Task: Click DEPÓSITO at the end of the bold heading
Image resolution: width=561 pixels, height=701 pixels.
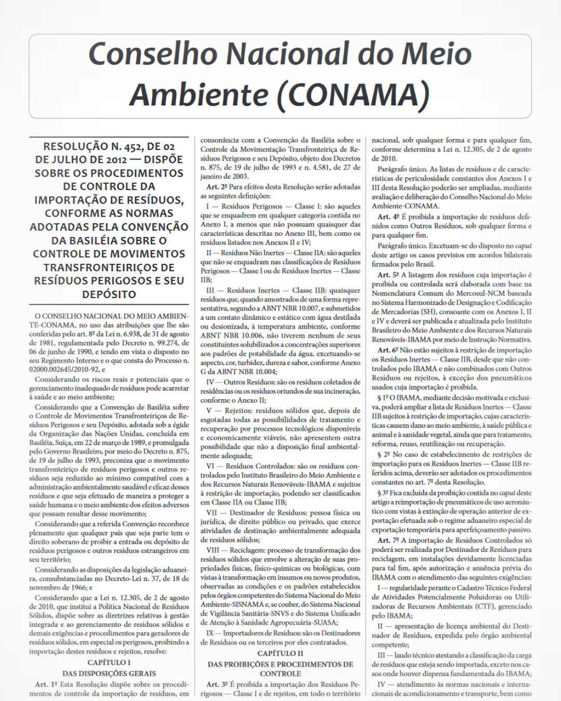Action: (109, 294)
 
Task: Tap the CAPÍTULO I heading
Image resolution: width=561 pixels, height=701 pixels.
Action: (109, 662)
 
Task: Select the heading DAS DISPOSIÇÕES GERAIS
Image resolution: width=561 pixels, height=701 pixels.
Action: (109, 673)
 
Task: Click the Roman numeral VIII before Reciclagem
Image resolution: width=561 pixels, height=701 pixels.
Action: (213, 550)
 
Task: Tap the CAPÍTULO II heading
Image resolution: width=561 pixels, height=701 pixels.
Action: (280, 653)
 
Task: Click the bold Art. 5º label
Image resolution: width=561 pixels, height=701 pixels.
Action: (388, 275)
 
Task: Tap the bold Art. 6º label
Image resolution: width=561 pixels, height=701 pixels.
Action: (388, 350)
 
